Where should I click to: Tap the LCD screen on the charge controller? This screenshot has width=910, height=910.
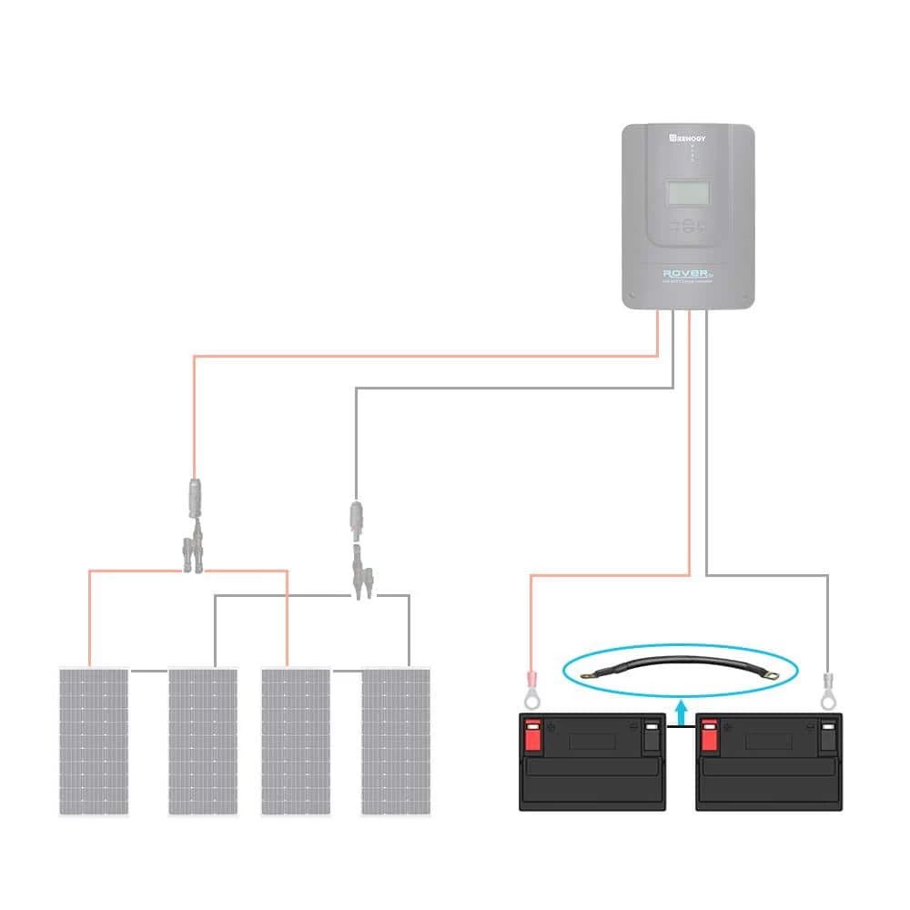tap(689, 193)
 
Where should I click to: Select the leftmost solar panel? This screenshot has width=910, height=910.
tap(94, 741)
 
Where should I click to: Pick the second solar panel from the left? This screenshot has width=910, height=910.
tap(202, 741)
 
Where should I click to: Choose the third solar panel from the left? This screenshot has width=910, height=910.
tap(296, 741)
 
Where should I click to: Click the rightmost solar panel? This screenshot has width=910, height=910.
tap(396, 741)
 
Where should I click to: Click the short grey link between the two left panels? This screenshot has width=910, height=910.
tap(148, 672)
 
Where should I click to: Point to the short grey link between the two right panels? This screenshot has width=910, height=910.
tap(346, 672)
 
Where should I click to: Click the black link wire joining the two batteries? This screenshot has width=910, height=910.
tap(679, 728)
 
